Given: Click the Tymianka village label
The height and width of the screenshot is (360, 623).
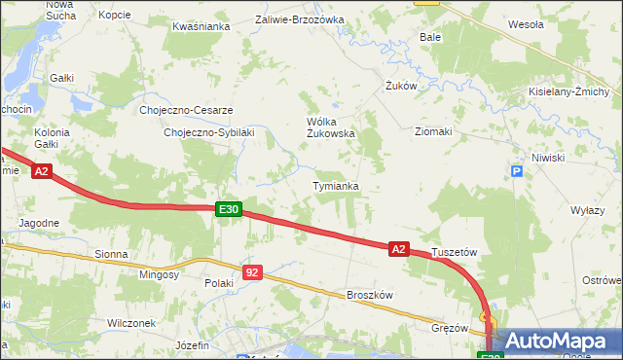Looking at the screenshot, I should pos(336,186).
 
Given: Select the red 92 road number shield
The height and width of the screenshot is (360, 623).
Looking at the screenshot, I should pos(252,272).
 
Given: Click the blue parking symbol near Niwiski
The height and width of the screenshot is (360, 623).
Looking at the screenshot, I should pos(517,172).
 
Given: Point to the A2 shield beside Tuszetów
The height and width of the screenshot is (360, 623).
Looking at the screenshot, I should pos(398,249).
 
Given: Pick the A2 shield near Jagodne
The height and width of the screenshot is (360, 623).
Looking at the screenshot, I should pos(41,172).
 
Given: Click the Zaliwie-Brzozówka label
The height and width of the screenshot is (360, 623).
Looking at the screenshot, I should pos(300,19).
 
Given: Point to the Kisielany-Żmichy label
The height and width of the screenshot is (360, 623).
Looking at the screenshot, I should pos(569,92).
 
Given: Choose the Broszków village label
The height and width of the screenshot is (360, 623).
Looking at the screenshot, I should pos(369,295).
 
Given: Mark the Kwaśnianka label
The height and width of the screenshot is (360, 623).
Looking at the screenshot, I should pos(200,27).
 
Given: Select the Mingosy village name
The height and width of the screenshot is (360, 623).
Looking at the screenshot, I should pos(160,275).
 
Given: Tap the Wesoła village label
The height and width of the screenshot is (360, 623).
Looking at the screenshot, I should pos(526,24).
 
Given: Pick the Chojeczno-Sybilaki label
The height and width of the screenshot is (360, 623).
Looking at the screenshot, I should pos(208,132).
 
